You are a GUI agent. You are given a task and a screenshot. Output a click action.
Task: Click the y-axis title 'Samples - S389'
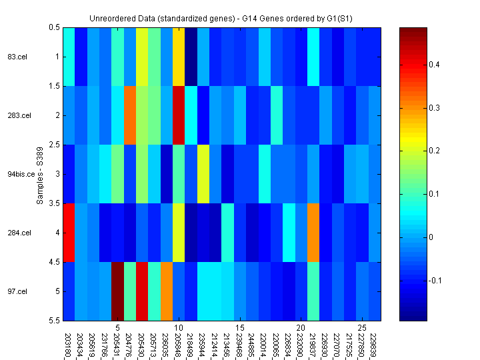40,174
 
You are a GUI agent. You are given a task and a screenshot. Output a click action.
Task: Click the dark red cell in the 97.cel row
117,291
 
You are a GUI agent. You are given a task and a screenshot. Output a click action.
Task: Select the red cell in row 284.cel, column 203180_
69,233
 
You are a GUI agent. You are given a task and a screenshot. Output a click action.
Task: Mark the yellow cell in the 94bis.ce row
203,174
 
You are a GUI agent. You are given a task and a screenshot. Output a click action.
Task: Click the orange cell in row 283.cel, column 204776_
129,115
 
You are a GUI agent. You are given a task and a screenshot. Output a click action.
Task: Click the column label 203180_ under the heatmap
69,346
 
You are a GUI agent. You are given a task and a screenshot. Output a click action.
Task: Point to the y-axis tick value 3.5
53,203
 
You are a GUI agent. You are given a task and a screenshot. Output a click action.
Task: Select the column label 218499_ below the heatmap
191,346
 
